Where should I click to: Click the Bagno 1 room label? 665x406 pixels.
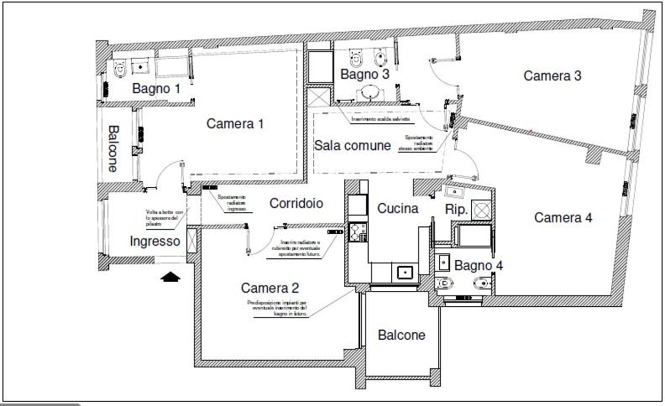tap(156, 88)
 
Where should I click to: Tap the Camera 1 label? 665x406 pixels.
tap(235, 123)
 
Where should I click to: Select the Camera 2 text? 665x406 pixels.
tap(270, 287)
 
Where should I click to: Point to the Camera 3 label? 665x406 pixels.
tap(552, 75)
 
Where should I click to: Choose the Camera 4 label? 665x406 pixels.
tap(563, 217)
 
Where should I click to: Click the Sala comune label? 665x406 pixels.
tap(353, 145)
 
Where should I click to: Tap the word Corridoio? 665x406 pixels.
tap(296, 203)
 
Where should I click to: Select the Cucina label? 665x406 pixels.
tap(398, 208)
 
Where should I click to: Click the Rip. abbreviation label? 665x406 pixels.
tap(456, 209)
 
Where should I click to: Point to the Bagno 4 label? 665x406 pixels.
tap(479, 265)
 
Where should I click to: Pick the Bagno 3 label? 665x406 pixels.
tap(365, 75)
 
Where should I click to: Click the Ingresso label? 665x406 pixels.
tap(155, 242)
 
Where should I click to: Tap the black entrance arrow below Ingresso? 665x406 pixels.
tap(171, 276)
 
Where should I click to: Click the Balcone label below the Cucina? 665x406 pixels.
tap(401, 335)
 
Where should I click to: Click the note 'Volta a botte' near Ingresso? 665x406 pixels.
tap(163, 219)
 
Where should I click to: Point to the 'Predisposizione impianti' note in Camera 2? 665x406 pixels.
tap(277, 309)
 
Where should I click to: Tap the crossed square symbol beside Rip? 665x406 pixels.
tap(482, 209)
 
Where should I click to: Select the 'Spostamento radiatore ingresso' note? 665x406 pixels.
tap(232, 203)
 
